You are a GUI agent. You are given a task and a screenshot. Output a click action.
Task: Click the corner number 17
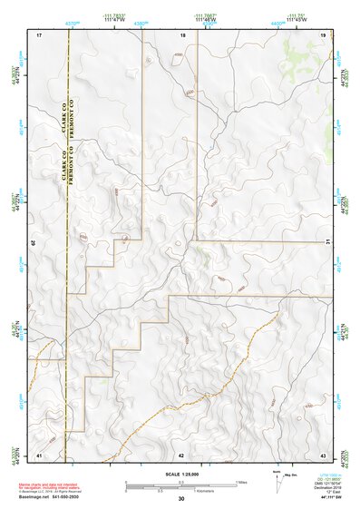(39, 34)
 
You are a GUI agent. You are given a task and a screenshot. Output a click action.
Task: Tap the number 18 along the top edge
(182, 34)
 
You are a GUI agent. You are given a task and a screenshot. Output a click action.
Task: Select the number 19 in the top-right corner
(323, 34)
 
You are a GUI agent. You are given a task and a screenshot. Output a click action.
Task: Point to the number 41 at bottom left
(39, 454)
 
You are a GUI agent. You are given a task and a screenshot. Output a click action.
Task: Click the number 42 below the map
(181, 454)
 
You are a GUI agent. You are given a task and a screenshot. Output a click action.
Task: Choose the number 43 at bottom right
(323, 454)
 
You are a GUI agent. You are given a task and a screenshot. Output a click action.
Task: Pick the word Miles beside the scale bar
(241, 481)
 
